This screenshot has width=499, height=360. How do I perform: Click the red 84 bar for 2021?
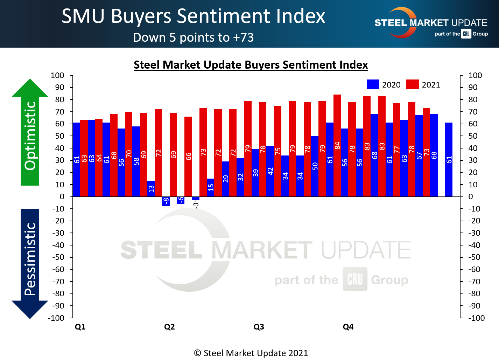pyautogui.click(x=337, y=145)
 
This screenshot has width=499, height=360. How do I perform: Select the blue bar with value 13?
pyautogui.click(x=151, y=188)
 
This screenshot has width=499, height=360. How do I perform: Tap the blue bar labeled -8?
pyautogui.click(x=166, y=201)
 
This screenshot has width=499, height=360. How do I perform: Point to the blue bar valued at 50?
pyautogui.click(x=315, y=166)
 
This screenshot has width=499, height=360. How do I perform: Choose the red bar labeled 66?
pyautogui.click(x=188, y=156)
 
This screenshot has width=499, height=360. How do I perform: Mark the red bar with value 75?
pyautogui.click(x=277, y=151)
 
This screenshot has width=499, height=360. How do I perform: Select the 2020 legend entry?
pyautogui.click(x=384, y=85)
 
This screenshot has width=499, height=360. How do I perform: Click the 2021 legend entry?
pyautogui.click(x=423, y=85)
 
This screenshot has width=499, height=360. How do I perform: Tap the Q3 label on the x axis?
pyautogui.click(x=259, y=327)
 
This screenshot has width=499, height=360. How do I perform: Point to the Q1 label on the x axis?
pyautogui.click(x=80, y=327)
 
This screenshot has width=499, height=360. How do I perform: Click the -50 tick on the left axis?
pyautogui.click(x=58, y=257)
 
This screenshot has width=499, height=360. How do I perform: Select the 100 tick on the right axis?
pyautogui.click(x=475, y=75)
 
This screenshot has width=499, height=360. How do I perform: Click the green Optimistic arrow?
pyautogui.click(x=30, y=133)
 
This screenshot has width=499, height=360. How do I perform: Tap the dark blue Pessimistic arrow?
pyautogui.click(x=30, y=263)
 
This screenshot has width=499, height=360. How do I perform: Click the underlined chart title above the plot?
pyautogui.click(x=251, y=65)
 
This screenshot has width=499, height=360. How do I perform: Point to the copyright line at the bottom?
pyautogui.click(x=251, y=353)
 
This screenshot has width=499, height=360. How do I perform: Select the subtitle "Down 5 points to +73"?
pyautogui.click(x=193, y=37)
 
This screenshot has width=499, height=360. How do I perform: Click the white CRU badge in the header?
pyautogui.click(x=466, y=34)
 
